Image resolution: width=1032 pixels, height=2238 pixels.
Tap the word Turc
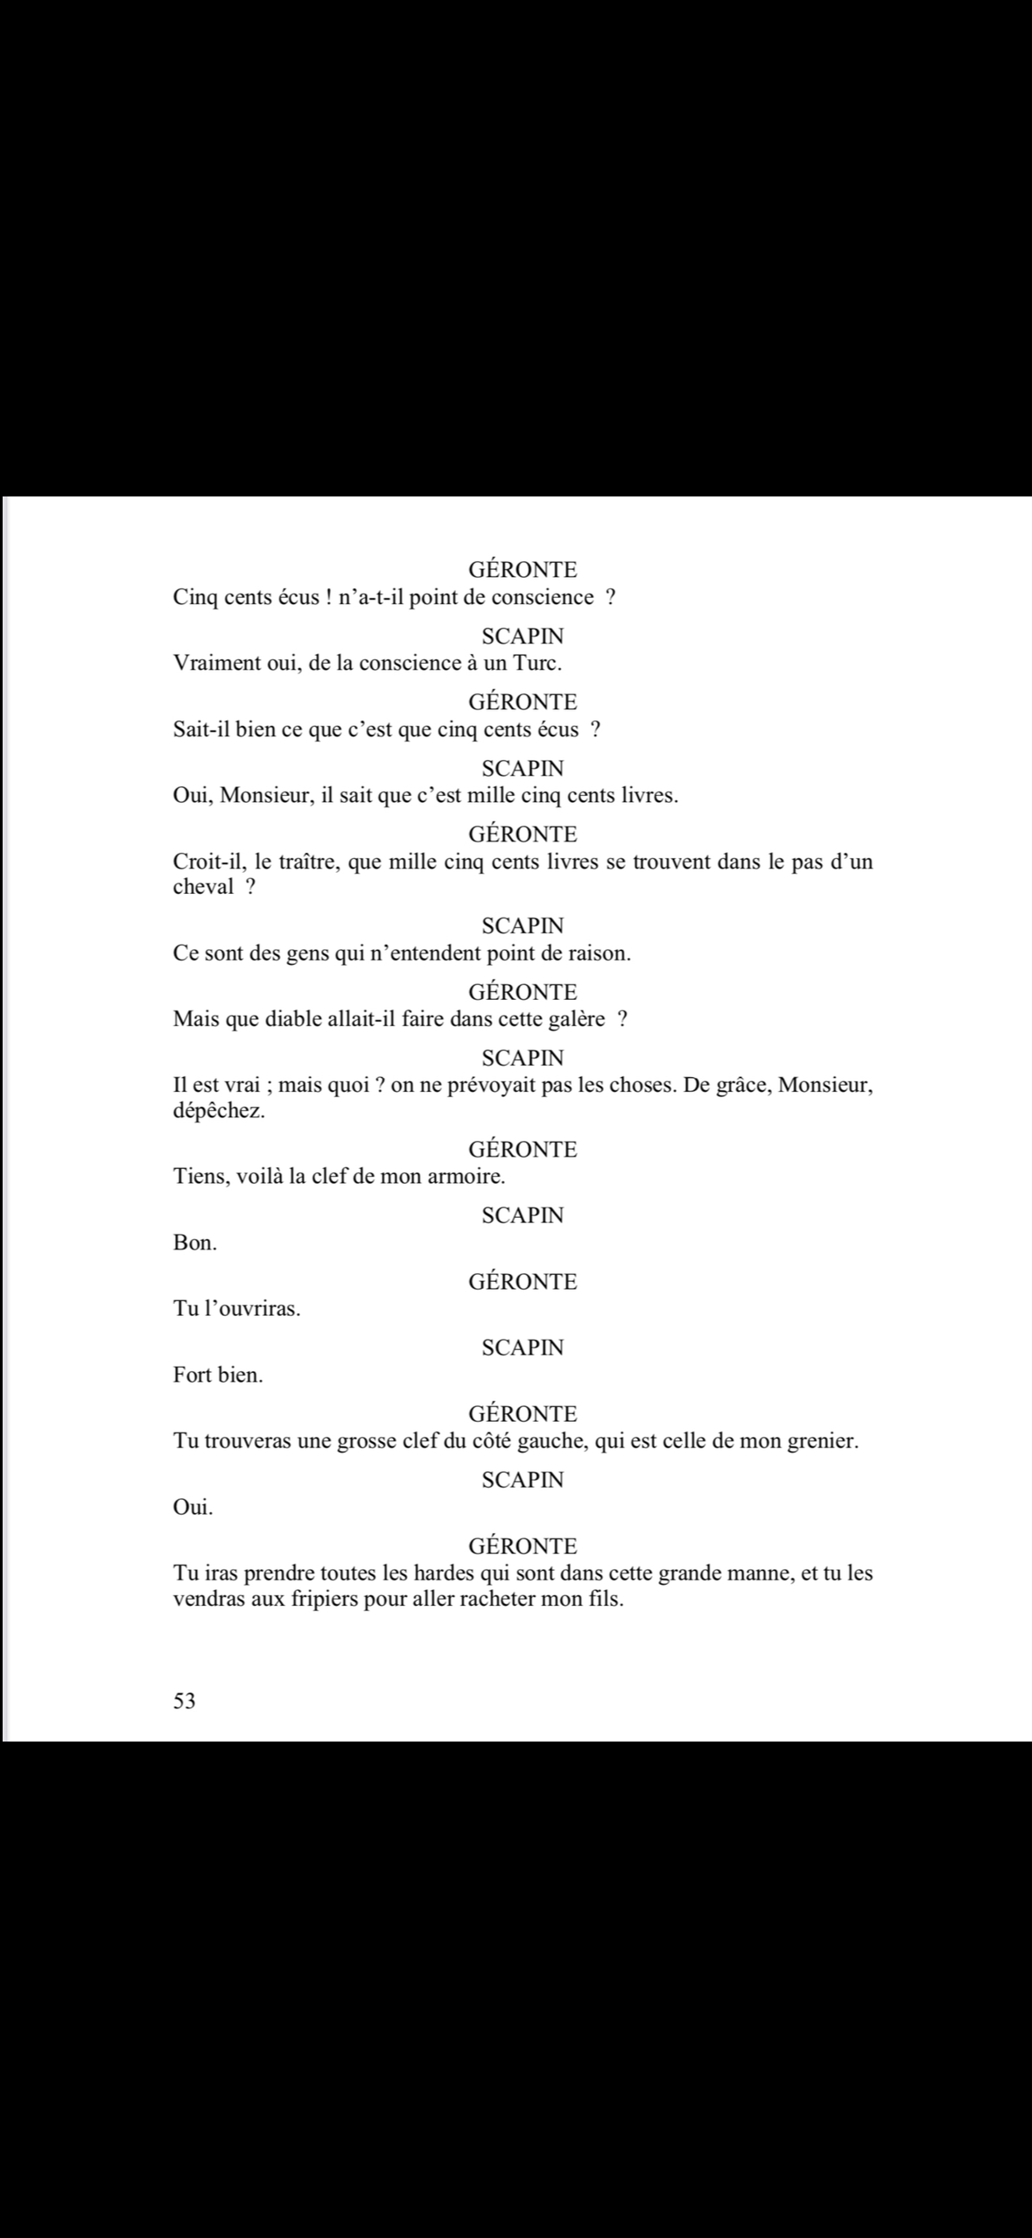pyautogui.click(x=537, y=663)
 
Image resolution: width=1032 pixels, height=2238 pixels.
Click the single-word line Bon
pyautogui.click(x=194, y=1243)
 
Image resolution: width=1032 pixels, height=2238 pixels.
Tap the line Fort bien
pyautogui.click(x=218, y=1375)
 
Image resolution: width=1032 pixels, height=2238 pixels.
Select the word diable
pyautogui.click(x=298, y=1019)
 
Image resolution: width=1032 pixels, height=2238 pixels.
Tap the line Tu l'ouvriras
pyautogui.click(x=236, y=1310)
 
